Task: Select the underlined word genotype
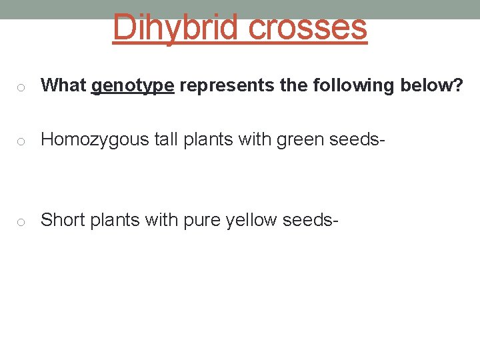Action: [x=133, y=86]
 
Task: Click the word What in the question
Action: [x=63, y=85]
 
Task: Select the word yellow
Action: [x=251, y=219]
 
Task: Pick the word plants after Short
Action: [x=108, y=220]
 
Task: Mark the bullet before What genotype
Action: [x=22, y=87]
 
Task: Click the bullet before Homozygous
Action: [x=22, y=141]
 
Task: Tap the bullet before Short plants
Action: [x=22, y=221]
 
